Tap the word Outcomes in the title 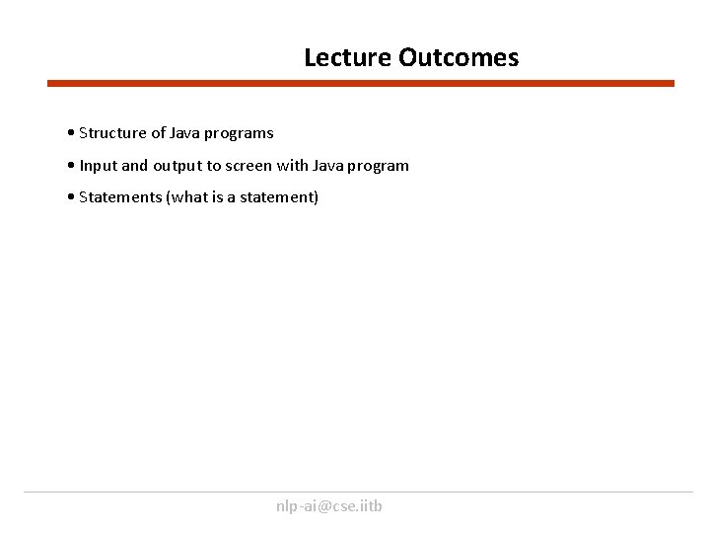tap(459, 58)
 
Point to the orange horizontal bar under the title tap(361, 84)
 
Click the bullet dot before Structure tap(72, 133)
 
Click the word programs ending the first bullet tap(240, 133)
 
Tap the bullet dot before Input tap(72, 166)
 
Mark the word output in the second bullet tap(179, 166)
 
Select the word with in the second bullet tap(300, 166)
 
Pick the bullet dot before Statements tap(72, 197)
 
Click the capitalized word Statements tap(120, 197)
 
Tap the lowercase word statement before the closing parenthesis tap(279, 197)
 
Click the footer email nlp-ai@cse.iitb tap(329, 506)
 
